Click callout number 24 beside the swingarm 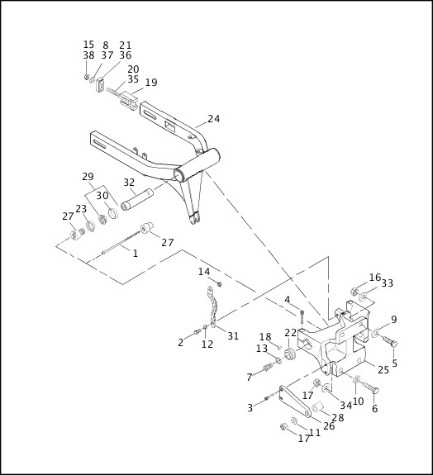click(213, 119)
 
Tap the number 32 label click(129, 183)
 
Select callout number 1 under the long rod click(136, 254)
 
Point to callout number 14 click(204, 272)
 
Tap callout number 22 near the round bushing click(290, 332)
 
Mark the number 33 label click(387, 283)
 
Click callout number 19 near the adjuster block click(150, 83)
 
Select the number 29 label click(88, 178)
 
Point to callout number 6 click(374, 409)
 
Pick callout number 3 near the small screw click(250, 407)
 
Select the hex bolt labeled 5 click(391, 341)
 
